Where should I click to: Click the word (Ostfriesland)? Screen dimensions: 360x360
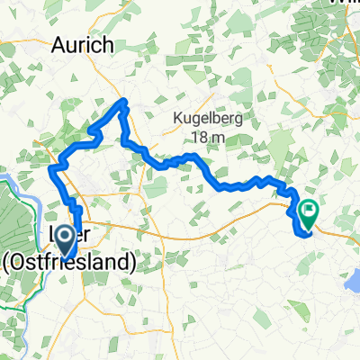point(69,262)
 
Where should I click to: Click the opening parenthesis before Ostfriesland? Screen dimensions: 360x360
point(7,262)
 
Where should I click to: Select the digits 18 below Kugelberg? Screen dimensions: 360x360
point(202,137)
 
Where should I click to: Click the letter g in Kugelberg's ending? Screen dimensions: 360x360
point(240,118)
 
